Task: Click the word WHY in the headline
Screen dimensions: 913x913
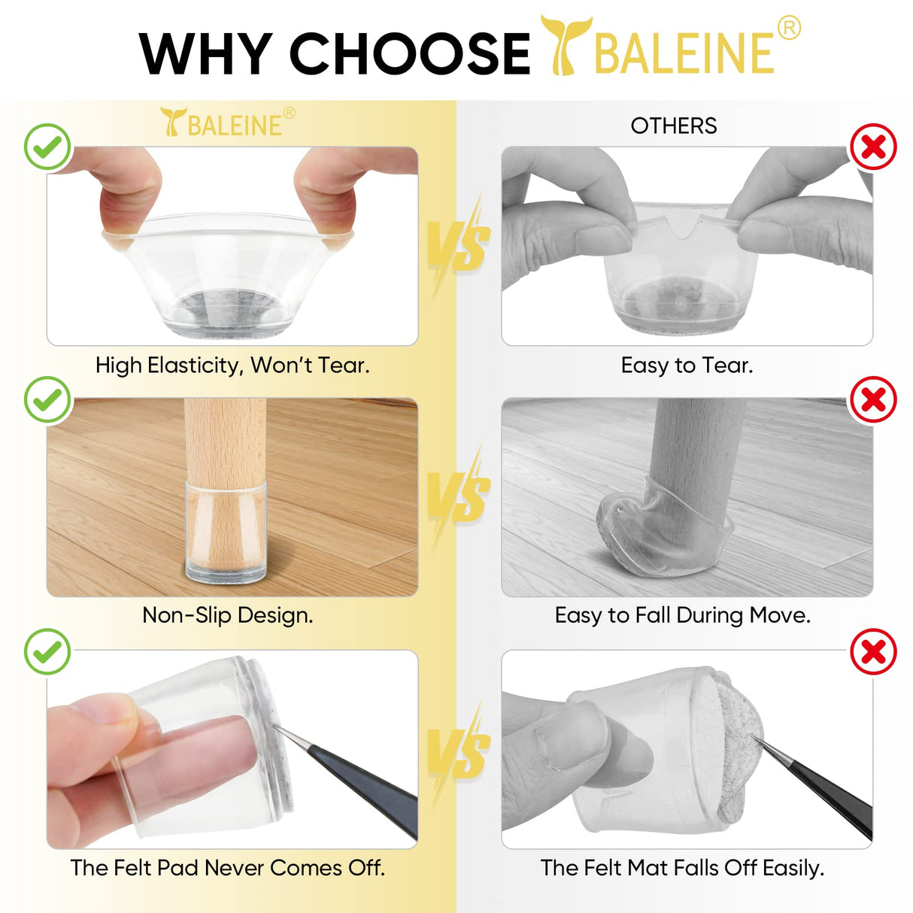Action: pos(205,53)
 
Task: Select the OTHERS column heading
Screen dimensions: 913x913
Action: pos(673,126)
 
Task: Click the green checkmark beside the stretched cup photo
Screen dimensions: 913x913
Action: pos(47,147)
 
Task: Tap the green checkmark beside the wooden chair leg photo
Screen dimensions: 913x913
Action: pos(47,399)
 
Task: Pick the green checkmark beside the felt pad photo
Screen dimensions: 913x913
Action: pos(47,652)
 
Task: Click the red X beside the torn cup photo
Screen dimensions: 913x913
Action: pos(873,147)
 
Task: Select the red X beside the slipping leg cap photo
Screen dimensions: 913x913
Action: pos(873,399)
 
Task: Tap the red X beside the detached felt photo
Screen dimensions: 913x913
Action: pos(873,652)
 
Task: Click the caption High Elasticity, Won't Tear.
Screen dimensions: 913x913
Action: pos(232,366)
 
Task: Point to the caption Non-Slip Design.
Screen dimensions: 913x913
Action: pos(227,615)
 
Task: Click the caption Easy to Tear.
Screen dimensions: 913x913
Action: pos(687,366)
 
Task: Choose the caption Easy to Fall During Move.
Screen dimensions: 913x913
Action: pos(682,615)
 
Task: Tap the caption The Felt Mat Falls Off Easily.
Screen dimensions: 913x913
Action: pos(682,868)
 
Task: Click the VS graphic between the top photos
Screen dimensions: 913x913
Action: pos(458,244)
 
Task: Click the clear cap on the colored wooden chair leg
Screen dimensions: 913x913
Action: pos(226,531)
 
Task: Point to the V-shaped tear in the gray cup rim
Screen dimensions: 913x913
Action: pos(682,226)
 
